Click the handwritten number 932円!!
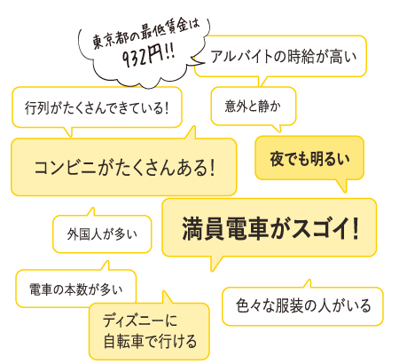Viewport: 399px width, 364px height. (148, 56)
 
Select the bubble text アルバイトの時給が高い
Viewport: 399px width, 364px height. (284, 56)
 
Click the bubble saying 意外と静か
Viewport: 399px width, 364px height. (254, 106)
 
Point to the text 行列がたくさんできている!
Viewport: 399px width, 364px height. (97, 107)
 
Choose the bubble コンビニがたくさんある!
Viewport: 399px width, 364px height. (124, 167)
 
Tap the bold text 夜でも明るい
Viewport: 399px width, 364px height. (309, 158)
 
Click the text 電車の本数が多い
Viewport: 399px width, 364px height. (75, 289)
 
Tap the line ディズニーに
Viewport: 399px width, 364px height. (140, 320)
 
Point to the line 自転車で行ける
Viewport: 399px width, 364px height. (150, 342)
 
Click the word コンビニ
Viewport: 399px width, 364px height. (65, 168)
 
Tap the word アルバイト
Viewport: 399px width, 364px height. (241, 56)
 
